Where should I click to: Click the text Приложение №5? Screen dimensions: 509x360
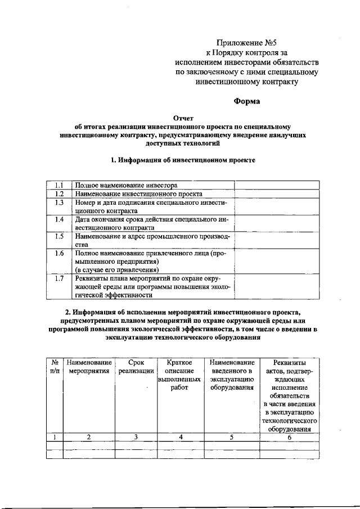tap(247, 42)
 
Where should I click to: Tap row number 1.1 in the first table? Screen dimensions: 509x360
tap(59, 185)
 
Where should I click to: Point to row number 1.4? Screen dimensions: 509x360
tap(59, 219)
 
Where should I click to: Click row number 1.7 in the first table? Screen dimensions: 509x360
tap(59, 278)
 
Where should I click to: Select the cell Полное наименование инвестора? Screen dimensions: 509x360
tap(127, 185)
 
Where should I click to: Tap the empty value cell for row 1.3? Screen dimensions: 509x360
tap(276, 206)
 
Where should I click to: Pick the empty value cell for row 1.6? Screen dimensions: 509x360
tap(276, 262)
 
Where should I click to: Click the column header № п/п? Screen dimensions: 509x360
tap(55, 367)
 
